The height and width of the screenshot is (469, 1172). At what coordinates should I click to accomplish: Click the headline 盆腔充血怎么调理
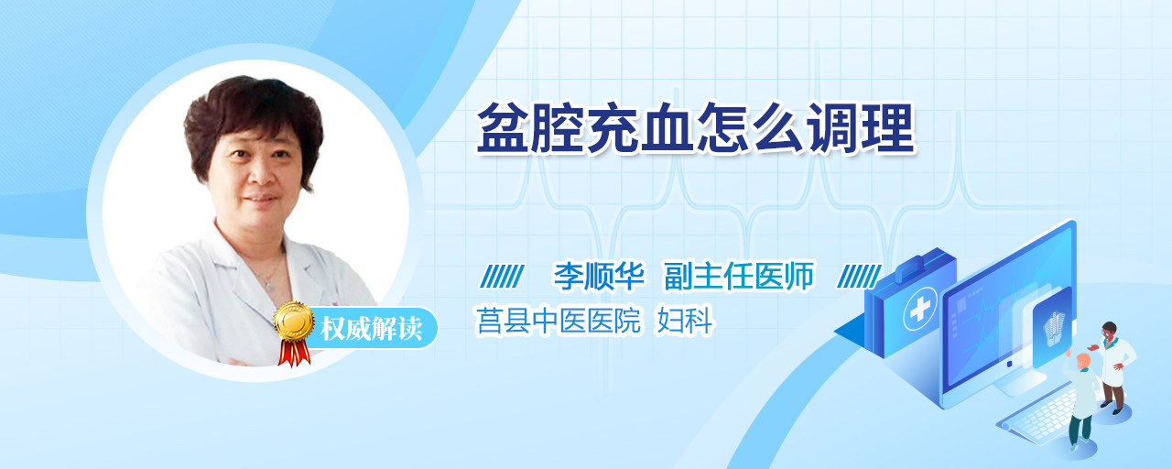coord(696,128)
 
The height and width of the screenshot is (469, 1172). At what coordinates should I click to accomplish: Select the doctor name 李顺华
coord(599,276)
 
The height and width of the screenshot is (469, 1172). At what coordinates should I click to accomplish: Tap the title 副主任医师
coord(739,276)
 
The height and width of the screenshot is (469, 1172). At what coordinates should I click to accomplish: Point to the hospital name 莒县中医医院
coord(559,321)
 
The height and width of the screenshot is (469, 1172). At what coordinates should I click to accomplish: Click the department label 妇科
coord(684,321)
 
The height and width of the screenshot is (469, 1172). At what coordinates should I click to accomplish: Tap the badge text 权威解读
coord(372,329)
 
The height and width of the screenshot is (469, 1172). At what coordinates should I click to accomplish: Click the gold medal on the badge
coord(294,321)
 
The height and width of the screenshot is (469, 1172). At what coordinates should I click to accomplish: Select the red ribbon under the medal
coord(294,353)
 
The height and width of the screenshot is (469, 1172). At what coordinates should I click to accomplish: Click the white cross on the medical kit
coord(920,310)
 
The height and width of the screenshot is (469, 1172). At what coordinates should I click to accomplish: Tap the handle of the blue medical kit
coord(917,265)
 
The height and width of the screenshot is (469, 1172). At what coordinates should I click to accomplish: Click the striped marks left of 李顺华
coord(502,277)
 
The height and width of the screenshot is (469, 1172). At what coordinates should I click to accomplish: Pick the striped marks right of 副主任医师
coord(859,277)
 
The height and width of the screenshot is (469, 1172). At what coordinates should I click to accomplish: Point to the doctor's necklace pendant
coord(269,286)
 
